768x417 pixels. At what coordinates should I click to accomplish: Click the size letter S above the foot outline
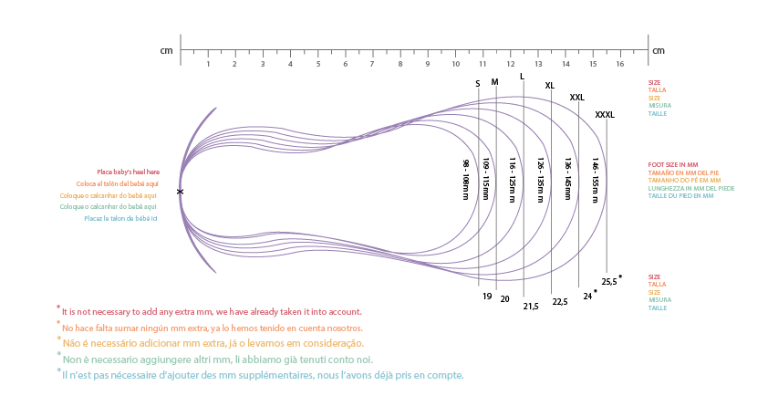pyautogui.click(x=477, y=84)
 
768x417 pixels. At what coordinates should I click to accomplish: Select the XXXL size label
pyautogui.click(x=604, y=115)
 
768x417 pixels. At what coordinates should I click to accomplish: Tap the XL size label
pyautogui.click(x=549, y=86)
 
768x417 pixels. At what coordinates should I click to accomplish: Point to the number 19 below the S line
pyautogui.click(x=487, y=297)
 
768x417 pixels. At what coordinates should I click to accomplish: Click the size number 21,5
pyautogui.click(x=530, y=307)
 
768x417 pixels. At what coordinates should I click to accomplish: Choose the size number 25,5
pyautogui.click(x=608, y=282)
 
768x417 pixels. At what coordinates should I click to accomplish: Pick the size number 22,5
pyautogui.click(x=559, y=302)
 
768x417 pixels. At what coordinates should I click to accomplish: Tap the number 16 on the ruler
pyautogui.click(x=619, y=64)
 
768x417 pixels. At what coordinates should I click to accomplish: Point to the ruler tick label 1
pyautogui.click(x=208, y=64)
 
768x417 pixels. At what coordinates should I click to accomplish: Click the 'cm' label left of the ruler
pyautogui.click(x=166, y=51)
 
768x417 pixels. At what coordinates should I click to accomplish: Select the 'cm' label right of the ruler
pyautogui.click(x=658, y=51)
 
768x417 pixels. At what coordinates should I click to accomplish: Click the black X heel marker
pyautogui.click(x=180, y=192)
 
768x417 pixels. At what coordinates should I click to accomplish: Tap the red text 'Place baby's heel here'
pyautogui.click(x=128, y=172)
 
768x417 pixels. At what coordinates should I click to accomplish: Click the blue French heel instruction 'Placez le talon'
pyautogui.click(x=120, y=218)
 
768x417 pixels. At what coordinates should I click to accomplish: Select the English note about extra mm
pyautogui.click(x=212, y=312)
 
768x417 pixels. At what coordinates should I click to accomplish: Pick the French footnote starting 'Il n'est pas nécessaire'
pyautogui.click(x=263, y=375)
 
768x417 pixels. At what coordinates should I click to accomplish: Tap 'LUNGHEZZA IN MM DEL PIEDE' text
pyautogui.click(x=690, y=188)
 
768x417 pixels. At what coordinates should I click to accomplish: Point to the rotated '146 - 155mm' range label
pyautogui.click(x=594, y=180)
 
